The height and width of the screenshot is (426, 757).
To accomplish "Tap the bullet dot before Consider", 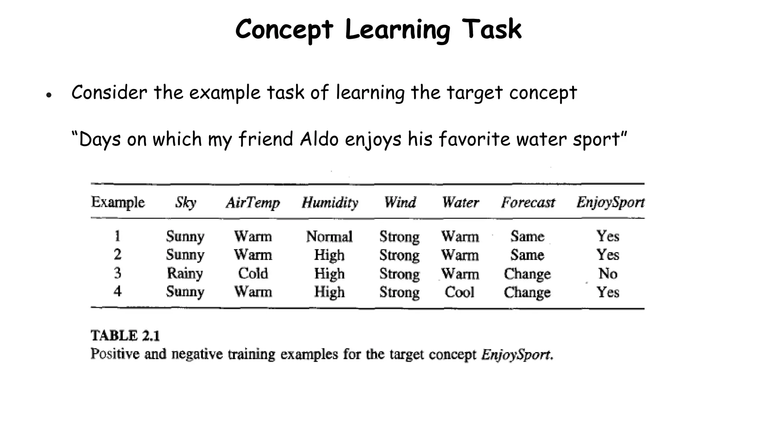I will click(48, 95).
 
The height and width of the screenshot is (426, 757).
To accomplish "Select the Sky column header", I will click(186, 203).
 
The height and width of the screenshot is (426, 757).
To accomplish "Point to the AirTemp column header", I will click(253, 203).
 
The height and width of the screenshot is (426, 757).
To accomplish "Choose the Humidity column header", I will click(330, 203).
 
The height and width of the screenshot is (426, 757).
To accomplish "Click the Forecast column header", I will click(528, 203).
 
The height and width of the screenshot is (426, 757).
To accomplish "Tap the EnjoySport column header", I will click(610, 203).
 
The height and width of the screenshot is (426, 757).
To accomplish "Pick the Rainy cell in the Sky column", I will click(185, 274).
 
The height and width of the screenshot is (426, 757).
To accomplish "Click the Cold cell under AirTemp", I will click(253, 274).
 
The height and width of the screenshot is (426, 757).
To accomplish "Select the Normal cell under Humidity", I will click(329, 236).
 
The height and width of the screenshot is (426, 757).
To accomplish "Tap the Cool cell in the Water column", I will click(459, 292).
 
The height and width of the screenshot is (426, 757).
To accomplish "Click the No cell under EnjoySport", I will click(608, 274).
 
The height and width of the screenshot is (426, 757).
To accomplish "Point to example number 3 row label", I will click(118, 273).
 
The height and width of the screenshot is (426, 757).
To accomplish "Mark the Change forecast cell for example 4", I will click(527, 292).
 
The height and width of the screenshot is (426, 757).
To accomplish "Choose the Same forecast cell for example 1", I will click(527, 236).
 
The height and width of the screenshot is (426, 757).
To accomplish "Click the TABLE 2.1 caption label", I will click(125, 336).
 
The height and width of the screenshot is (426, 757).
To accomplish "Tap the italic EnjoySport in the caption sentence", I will click(517, 355).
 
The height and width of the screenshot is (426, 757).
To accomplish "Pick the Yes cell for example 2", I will click(608, 255).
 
